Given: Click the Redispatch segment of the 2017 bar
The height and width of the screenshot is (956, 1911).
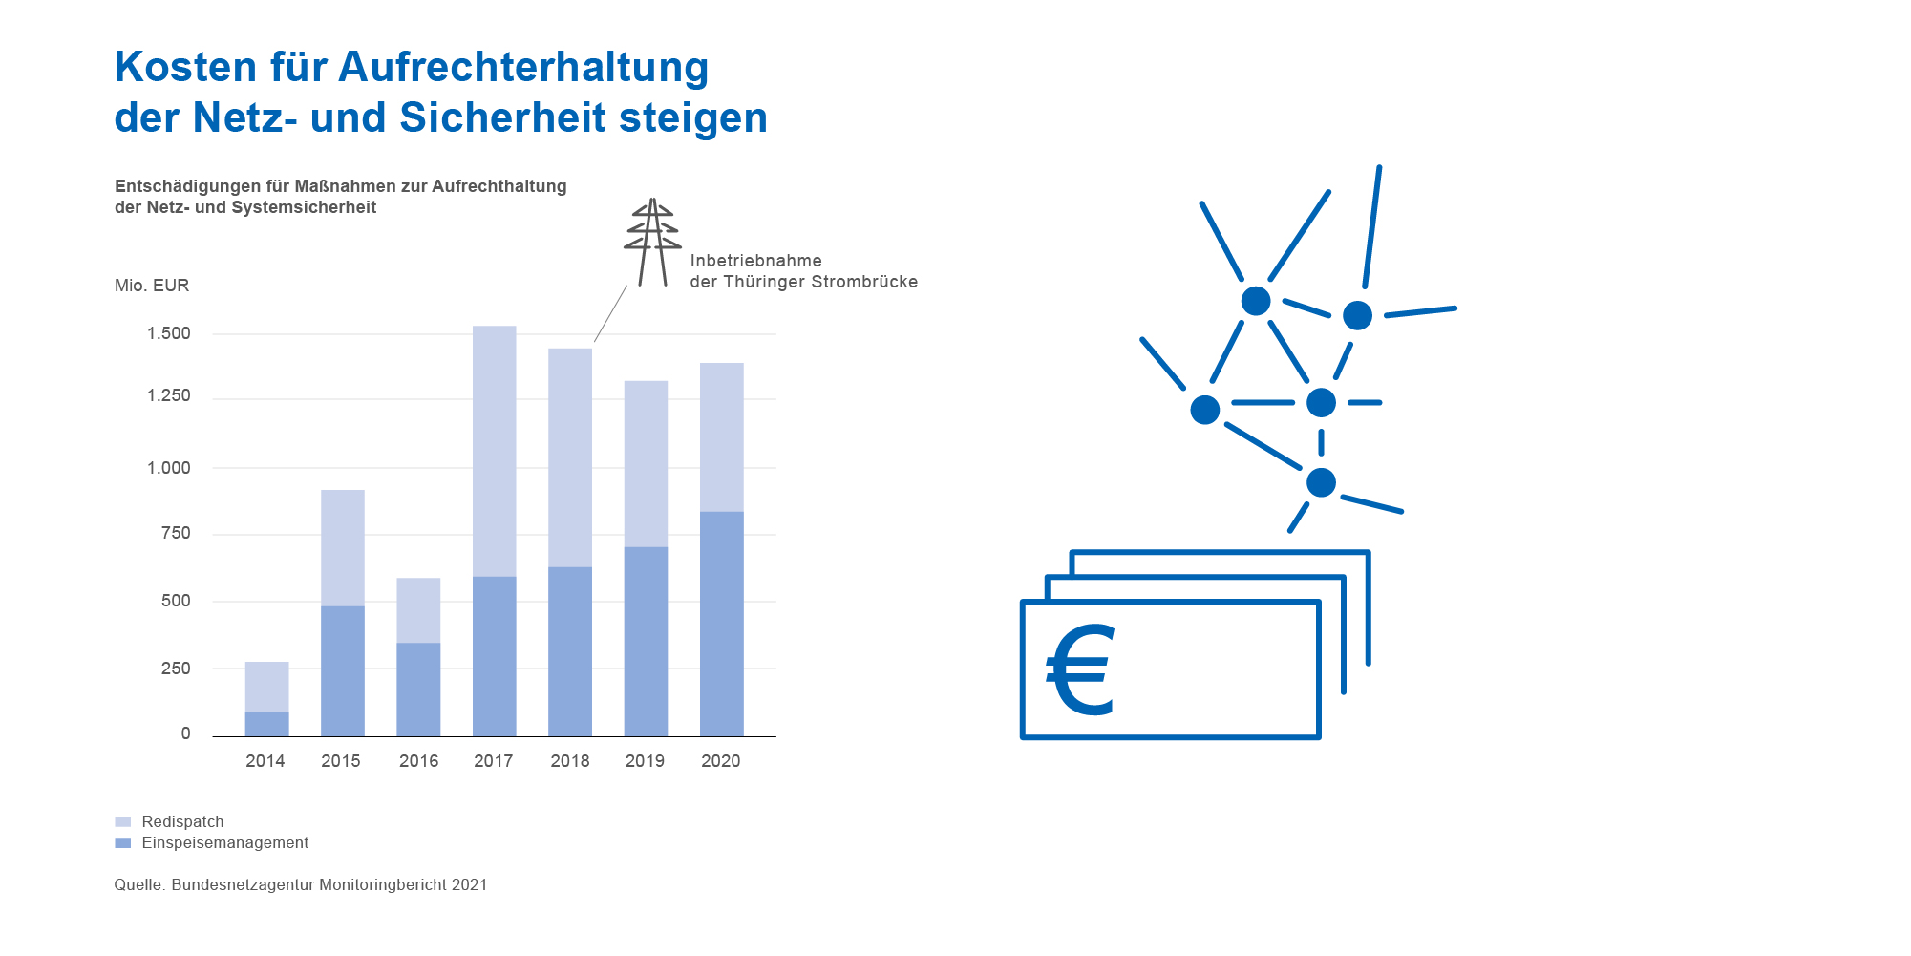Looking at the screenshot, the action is click(495, 452).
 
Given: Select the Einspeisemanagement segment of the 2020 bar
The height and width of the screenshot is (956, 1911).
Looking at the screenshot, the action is click(722, 625).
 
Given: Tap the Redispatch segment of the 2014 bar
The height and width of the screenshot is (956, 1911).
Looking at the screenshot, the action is click(267, 688).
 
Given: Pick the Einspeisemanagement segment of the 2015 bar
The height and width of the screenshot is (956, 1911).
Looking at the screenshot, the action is click(343, 671).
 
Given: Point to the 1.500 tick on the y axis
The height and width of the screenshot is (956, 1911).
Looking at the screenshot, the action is click(169, 333).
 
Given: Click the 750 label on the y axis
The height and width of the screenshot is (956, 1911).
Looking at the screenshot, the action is click(176, 533).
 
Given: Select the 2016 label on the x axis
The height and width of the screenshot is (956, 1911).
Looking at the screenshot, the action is click(418, 761).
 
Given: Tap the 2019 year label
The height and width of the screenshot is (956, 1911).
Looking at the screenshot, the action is click(645, 761).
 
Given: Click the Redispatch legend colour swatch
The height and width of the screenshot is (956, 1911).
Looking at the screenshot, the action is click(122, 822).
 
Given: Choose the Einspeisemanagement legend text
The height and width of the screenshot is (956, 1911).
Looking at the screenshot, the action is click(225, 843).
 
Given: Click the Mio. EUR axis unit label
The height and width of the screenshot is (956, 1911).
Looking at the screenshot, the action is click(152, 286).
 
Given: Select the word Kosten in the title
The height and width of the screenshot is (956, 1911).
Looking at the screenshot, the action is click(186, 68).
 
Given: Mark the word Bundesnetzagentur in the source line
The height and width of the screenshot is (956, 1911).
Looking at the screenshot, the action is click(244, 885).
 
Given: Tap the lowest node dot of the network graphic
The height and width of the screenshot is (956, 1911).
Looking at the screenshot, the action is click(1321, 482).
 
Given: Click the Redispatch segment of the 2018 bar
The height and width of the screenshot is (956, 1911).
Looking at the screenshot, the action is click(570, 458).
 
